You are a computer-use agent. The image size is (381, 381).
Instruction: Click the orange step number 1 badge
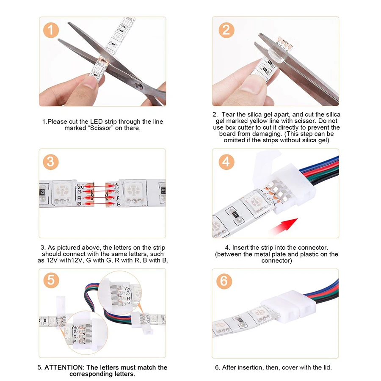(x=51, y=30)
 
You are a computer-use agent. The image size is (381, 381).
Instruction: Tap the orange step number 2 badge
(x=226, y=30)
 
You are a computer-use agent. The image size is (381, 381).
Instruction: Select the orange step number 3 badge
(x=51, y=162)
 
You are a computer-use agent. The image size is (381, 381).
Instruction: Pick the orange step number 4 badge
(x=226, y=162)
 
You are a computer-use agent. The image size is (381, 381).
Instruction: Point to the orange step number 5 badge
(x=51, y=280)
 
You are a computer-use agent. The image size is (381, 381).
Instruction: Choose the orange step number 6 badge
(x=224, y=281)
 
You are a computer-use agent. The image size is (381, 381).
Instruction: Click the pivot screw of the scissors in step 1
(x=138, y=86)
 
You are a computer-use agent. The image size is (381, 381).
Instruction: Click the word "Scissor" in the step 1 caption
(x=101, y=128)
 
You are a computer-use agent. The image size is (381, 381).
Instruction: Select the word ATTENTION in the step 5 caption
(x=63, y=367)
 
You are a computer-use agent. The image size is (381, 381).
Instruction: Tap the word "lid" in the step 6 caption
(x=326, y=367)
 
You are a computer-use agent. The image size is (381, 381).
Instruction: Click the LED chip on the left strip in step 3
(x=62, y=191)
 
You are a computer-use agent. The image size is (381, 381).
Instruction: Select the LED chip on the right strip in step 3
(x=133, y=191)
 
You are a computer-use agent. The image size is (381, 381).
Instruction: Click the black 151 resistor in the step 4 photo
(x=235, y=215)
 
